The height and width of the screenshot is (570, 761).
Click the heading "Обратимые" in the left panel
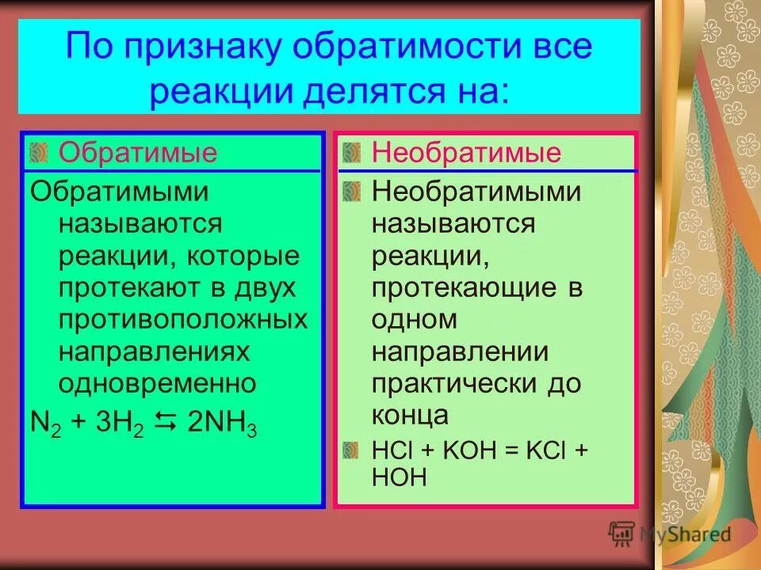point(138,152)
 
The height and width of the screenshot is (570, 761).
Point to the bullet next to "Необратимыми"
point(351,191)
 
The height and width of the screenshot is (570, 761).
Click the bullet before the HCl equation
point(351,450)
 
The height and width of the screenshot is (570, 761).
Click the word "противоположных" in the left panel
point(182,319)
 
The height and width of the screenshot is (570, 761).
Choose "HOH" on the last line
point(399,476)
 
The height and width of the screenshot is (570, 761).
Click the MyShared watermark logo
point(671,534)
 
